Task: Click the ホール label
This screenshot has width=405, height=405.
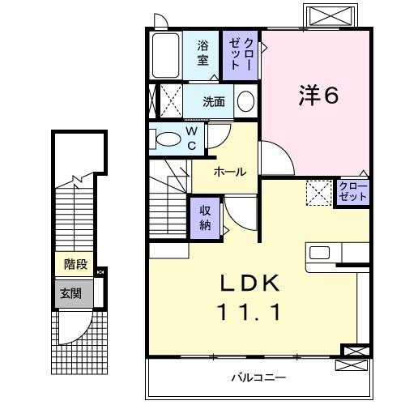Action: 230,172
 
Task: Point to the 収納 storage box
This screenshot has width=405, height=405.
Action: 206,217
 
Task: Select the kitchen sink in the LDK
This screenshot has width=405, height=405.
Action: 319,252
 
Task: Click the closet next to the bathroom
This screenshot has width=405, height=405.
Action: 241,54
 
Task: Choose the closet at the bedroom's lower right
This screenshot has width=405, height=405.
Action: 353,193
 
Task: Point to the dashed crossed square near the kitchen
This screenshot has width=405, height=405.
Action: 318,193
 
